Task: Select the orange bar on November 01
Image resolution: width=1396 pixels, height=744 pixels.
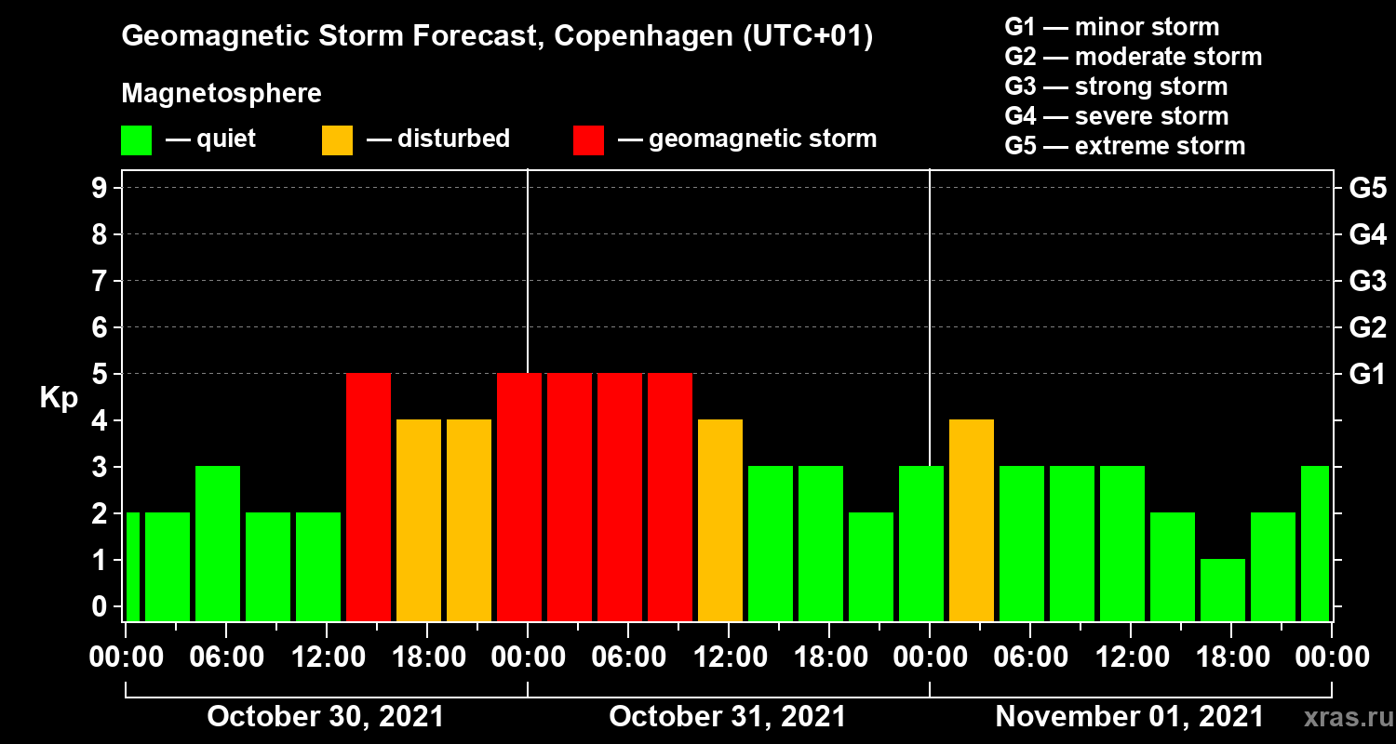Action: pos(971,520)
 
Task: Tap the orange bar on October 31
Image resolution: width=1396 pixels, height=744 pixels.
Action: pos(719,520)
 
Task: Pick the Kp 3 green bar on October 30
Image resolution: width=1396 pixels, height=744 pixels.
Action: pos(217,543)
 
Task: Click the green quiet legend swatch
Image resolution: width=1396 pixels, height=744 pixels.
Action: pos(136,139)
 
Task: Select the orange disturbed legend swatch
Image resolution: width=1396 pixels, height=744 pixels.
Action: pos(337,139)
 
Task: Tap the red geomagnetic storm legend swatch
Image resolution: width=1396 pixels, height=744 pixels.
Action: pos(588,139)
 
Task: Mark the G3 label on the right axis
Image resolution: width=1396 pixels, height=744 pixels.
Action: pos(1367,282)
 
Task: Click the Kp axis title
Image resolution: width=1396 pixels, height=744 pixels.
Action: pos(59,398)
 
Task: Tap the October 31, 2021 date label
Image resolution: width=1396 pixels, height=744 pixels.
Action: pos(727,717)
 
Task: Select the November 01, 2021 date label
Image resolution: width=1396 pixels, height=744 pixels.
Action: pos(1129,717)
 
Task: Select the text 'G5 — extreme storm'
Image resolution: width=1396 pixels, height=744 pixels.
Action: pos(1124,146)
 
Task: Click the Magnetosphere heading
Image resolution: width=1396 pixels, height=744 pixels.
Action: pos(221,94)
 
